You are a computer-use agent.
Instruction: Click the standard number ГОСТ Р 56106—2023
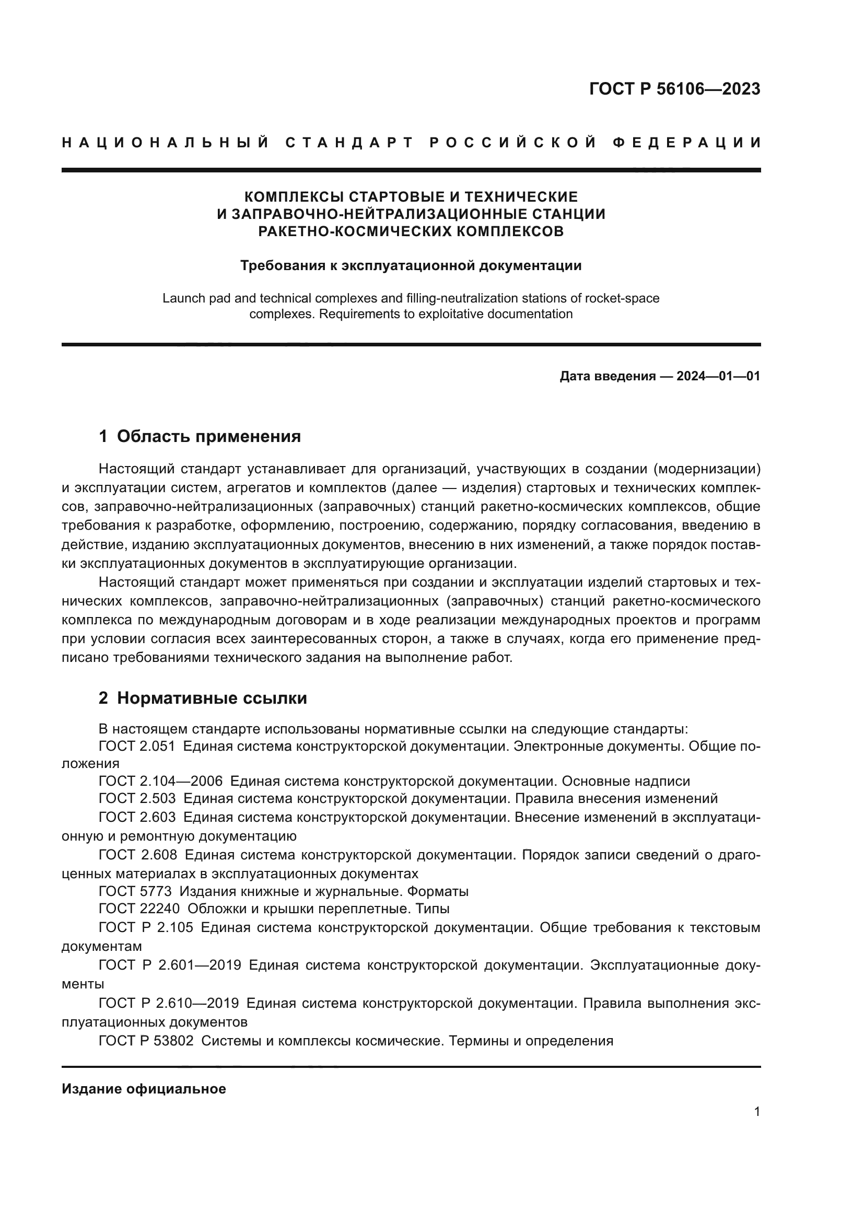674,89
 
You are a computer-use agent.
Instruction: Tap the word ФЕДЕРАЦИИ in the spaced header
687,143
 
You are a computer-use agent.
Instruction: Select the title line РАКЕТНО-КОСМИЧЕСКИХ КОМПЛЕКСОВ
411,231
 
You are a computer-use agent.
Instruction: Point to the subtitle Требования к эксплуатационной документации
411,265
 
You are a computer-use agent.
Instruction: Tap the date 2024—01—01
718,376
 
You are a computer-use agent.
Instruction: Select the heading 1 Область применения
200,436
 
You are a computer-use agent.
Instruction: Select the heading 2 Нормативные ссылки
203,698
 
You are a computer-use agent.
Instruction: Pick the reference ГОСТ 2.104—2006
161,781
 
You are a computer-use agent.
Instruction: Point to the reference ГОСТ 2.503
137,798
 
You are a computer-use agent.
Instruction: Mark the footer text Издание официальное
144,1089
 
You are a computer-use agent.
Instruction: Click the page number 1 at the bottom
756,1112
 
